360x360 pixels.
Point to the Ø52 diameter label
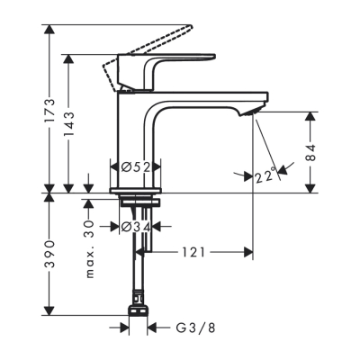(x=135, y=166)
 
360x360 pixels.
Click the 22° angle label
(x=265, y=177)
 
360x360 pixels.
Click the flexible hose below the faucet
(x=140, y=270)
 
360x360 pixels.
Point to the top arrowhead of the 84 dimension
(x=310, y=115)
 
